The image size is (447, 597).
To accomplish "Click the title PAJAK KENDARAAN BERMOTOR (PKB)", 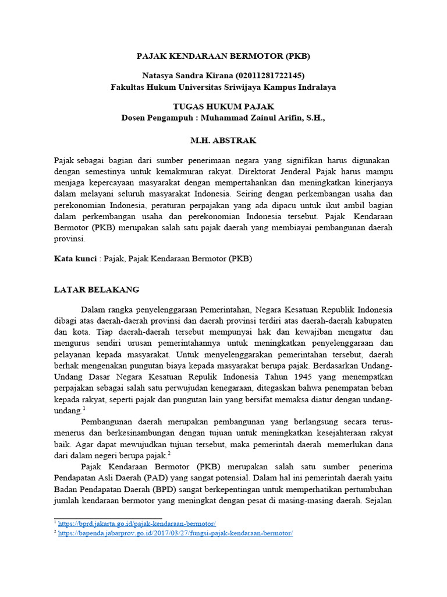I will click(223, 57).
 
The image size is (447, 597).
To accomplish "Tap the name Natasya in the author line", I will click(159, 76).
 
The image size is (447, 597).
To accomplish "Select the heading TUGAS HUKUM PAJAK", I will click(223, 107).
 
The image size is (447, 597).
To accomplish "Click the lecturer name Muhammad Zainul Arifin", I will click(250, 118).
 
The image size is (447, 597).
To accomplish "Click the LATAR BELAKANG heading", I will click(97, 290).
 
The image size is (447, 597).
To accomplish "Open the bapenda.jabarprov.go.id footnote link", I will click(175, 533).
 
